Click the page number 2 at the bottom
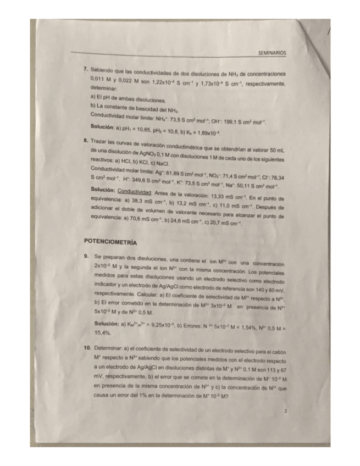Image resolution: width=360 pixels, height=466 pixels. tap(286, 425)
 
